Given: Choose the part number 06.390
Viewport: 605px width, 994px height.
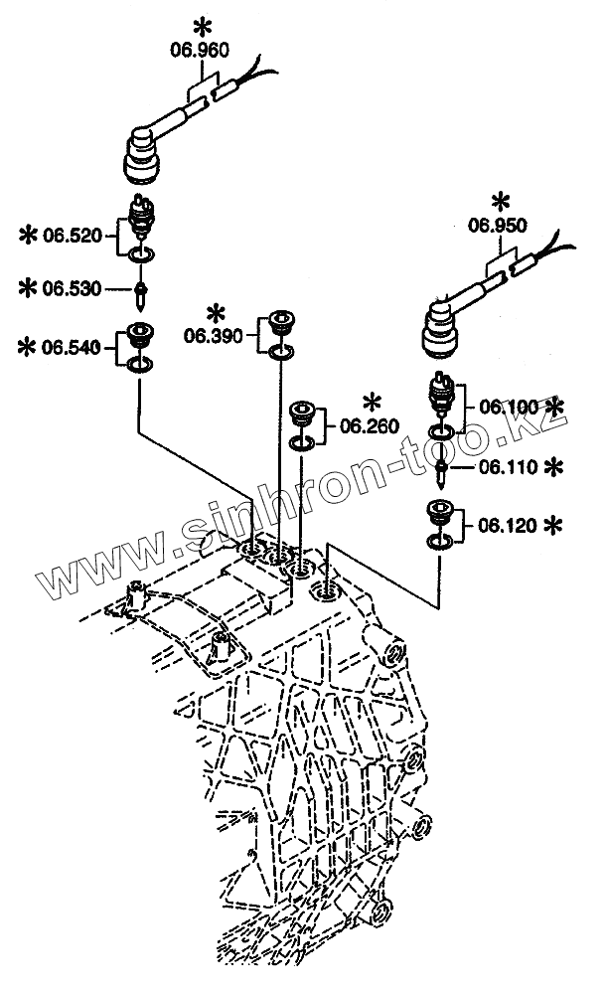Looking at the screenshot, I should tap(214, 335).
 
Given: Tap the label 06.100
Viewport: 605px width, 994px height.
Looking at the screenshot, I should tap(509, 406).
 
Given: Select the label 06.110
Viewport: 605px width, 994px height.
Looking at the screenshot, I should tap(509, 465).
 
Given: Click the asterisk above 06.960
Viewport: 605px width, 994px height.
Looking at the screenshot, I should tap(205, 23).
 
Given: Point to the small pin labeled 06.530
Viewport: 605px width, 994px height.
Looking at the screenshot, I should tap(141, 291).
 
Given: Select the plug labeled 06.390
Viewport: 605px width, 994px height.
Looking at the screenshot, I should tap(280, 323).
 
